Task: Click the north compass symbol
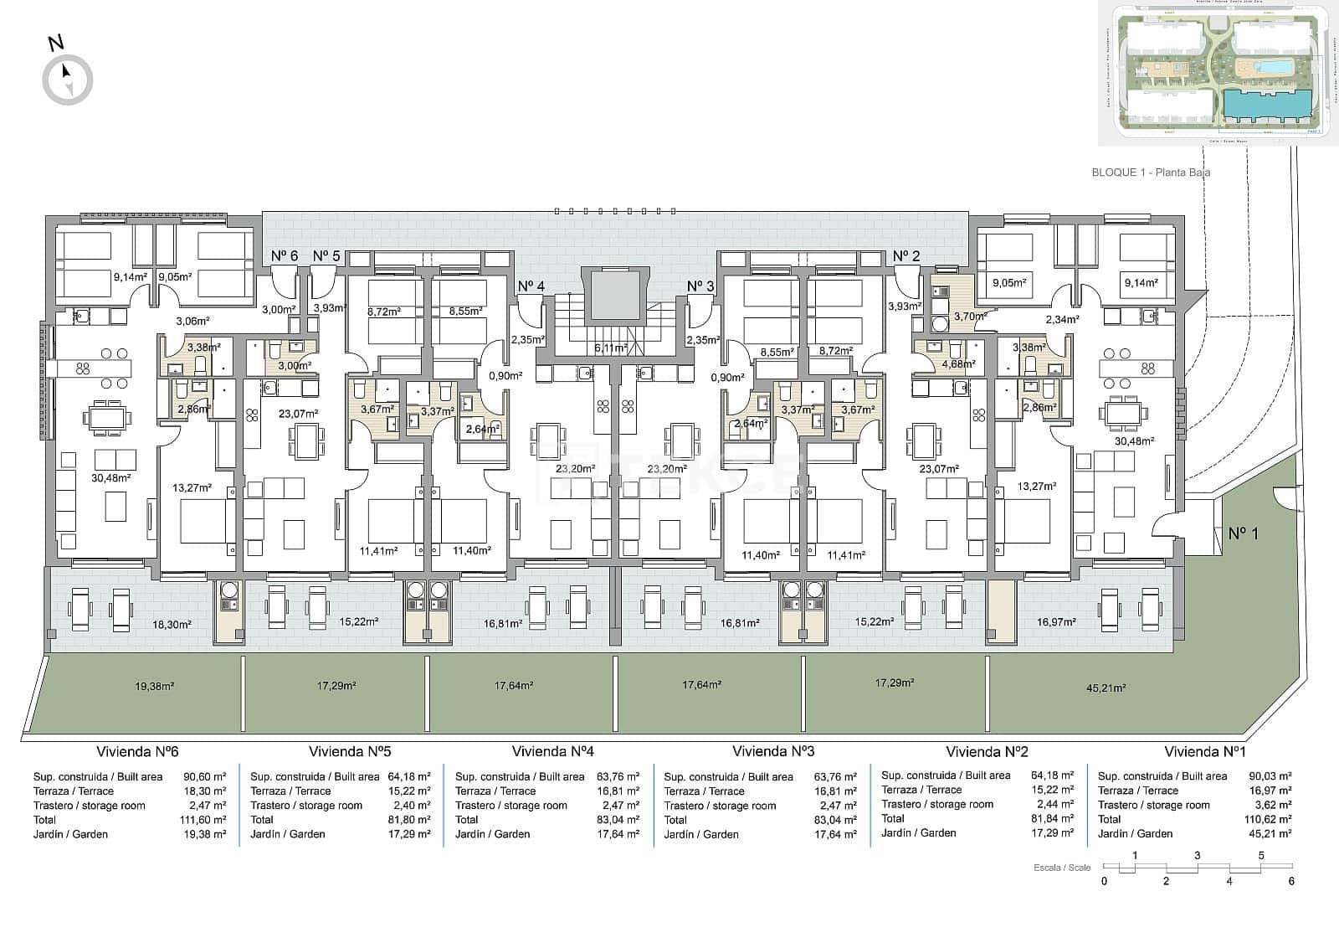(67, 80)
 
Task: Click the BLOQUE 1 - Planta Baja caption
(1151, 173)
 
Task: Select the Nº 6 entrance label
(285, 255)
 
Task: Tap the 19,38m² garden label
(154, 686)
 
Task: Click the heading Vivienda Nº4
(552, 751)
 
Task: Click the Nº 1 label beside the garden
(1243, 533)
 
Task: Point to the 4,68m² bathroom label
(958, 364)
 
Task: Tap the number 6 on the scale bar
(1291, 881)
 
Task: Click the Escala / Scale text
(1062, 868)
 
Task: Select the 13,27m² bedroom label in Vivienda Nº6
(192, 487)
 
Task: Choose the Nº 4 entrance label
(531, 286)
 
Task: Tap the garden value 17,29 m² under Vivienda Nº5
(411, 834)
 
